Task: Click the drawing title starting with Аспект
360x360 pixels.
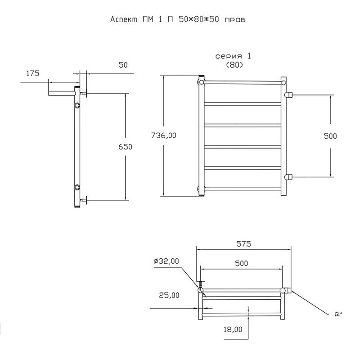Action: (178, 19)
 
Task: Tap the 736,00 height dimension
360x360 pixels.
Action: (164, 135)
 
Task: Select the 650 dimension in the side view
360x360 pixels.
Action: (126, 147)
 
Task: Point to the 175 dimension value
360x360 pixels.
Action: (33, 73)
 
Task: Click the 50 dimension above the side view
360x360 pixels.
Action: (123, 65)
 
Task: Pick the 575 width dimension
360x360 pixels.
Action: (243, 244)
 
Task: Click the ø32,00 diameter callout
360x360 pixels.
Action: (166, 261)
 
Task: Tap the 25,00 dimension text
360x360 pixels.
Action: (169, 295)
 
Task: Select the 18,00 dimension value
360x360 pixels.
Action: (233, 330)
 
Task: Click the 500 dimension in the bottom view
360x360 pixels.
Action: (242, 263)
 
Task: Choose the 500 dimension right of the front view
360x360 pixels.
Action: (330, 136)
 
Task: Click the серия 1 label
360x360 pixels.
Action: (233, 56)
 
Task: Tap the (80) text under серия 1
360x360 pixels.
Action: (234, 65)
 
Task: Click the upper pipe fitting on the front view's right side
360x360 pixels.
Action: (288, 94)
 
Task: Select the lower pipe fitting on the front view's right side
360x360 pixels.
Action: (288, 177)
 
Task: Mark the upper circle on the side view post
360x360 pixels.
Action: (77, 105)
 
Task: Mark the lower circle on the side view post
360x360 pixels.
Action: (77, 188)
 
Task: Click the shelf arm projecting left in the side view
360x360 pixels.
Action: (62, 93)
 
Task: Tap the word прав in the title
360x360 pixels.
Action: (234, 20)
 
